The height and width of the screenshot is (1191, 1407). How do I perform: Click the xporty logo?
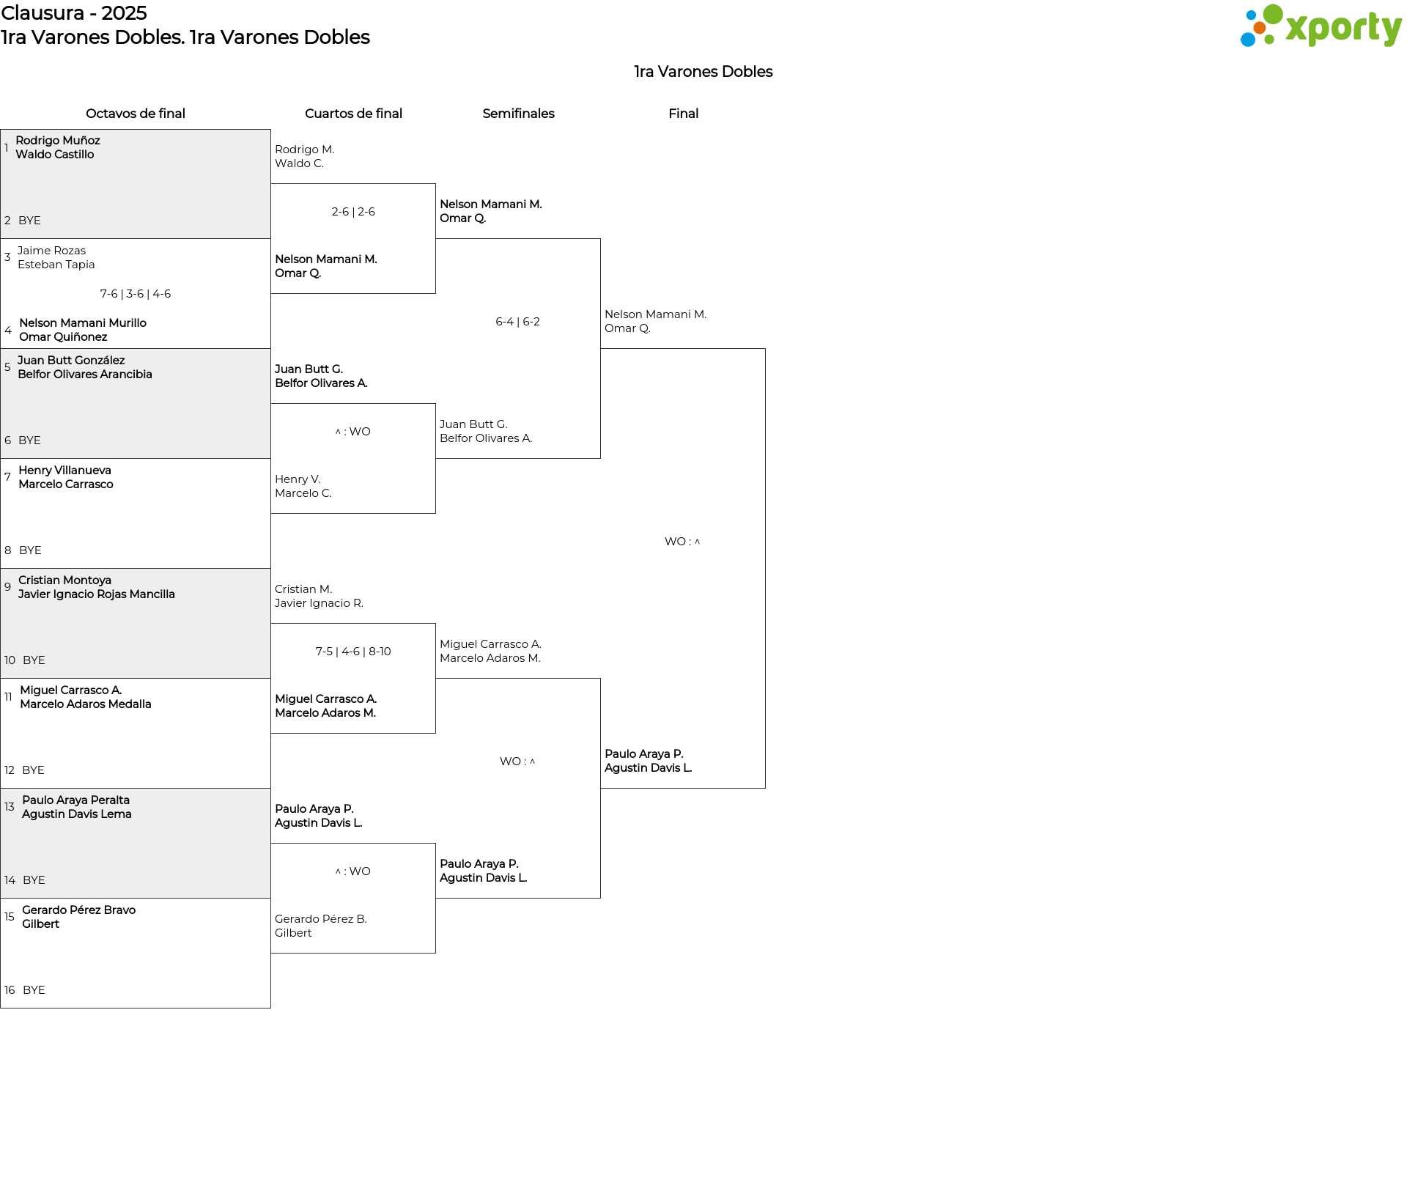point(1321,26)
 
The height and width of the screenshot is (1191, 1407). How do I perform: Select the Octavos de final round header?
point(136,114)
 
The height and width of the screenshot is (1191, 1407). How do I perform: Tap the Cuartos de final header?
point(353,114)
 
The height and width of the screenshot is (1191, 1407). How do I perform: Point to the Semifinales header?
point(518,114)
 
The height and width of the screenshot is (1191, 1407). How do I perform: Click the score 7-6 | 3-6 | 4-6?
point(136,294)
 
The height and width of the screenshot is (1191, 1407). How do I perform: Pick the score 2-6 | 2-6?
point(353,212)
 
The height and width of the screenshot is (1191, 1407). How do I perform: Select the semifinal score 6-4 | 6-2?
point(518,322)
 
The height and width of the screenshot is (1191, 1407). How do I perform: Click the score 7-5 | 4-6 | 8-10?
point(353,652)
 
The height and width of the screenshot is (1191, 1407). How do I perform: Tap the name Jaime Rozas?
point(51,251)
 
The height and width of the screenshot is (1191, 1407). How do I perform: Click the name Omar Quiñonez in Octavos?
point(63,337)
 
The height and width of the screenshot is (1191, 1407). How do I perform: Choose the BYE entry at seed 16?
point(34,990)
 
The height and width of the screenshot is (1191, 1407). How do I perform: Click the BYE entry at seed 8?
point(30,550)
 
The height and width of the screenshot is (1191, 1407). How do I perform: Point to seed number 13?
point(9,807)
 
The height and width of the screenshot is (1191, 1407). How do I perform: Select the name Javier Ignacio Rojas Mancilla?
point(97,594)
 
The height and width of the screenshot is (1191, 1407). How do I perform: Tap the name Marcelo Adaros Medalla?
point(86,704)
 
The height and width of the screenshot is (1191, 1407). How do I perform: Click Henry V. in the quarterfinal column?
point(298,479)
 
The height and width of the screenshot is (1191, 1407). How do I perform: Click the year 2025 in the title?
point(124,13)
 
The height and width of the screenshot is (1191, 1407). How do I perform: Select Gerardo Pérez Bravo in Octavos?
point(78,910)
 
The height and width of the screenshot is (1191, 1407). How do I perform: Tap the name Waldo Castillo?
point(55,155)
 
